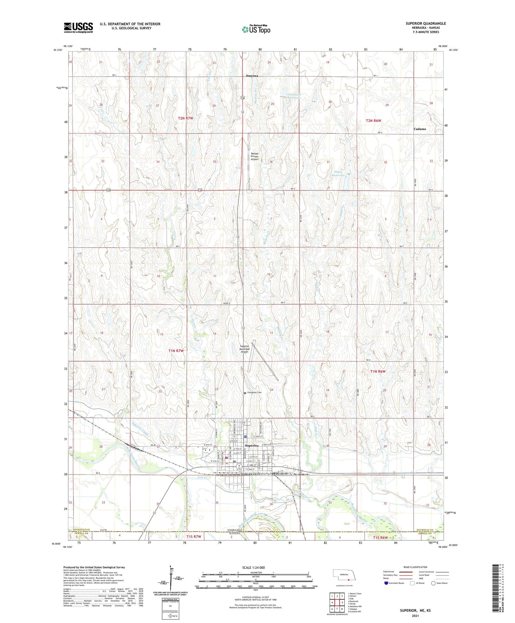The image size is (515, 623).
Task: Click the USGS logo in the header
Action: [78, 27]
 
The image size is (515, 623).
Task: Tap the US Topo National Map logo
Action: [256, 29]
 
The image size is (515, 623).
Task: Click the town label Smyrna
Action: [252, 76]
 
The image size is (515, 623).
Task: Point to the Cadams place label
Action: [420, 129]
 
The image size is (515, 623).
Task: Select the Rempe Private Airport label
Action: [254, 156]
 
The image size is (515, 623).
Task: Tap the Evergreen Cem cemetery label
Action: [254, 393]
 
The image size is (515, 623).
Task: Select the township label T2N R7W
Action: [185, 118]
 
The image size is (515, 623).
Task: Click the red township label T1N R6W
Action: [378, 371]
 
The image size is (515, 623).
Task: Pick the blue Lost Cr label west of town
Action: [203, 477]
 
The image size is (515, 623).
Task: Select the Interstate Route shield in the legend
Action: [386, 583]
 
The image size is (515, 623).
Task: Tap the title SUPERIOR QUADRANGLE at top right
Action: [425, 23]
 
